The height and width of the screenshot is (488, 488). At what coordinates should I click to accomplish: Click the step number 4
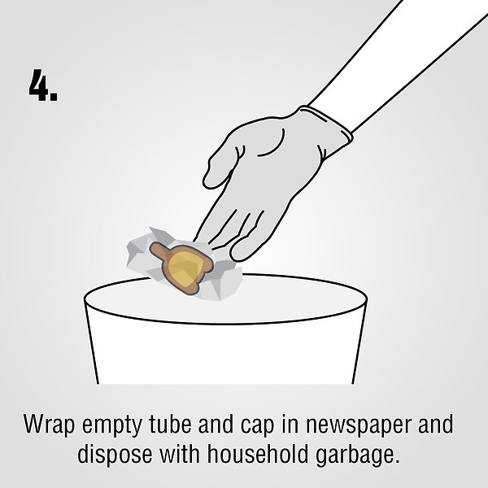coord(40,85)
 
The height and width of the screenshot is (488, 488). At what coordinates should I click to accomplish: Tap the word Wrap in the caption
coord(49,425)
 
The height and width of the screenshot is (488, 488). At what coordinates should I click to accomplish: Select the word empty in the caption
coord(112,425)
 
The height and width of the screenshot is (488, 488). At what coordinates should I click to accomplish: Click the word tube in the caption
coord(170,424)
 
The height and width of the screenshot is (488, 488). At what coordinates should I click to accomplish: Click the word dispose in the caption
coord(115,455)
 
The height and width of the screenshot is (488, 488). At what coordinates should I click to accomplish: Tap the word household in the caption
coord(258,454)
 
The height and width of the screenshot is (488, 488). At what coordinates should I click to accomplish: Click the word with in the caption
coord(180,454)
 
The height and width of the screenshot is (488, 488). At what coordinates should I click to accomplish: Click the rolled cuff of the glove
coord(327,127)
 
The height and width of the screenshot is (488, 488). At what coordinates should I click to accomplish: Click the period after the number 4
coord(54,96)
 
